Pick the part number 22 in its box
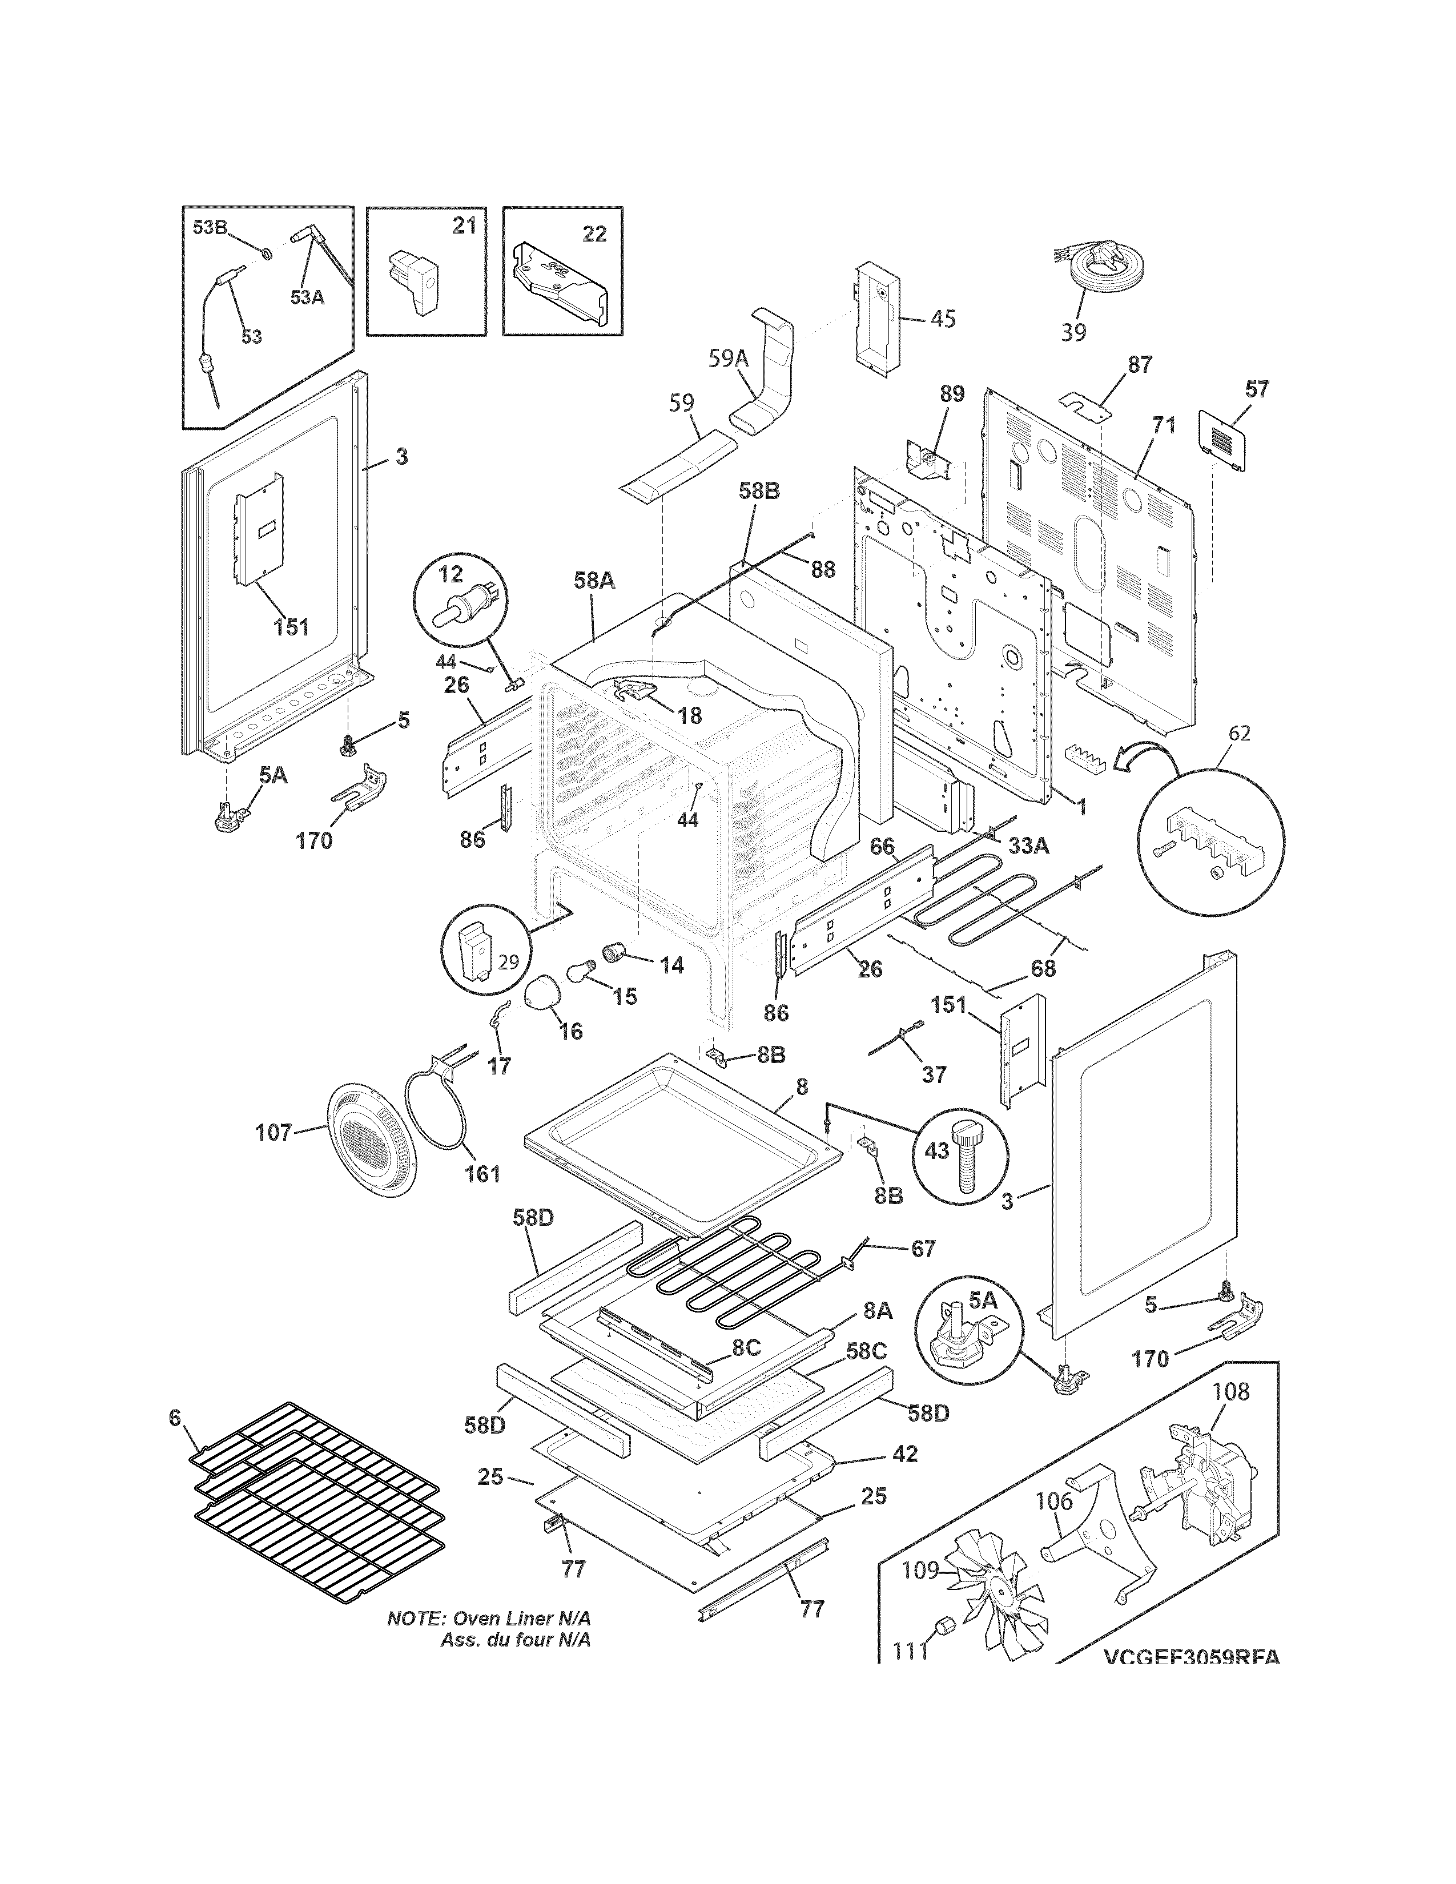594,234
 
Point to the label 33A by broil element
1028,846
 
